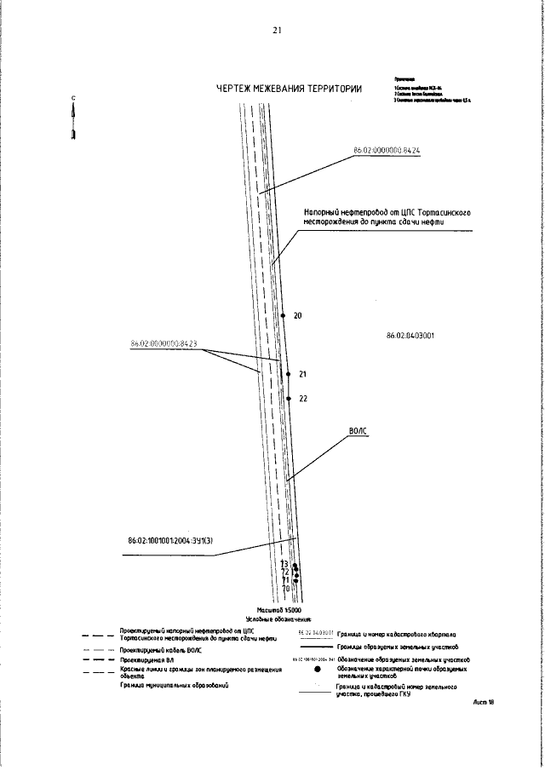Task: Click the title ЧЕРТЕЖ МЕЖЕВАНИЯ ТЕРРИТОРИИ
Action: (290, 89)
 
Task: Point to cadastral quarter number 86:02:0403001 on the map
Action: (410, 336)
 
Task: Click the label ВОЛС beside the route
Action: (359, 432)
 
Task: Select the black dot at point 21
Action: (289, 374)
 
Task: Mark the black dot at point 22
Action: (290, 398)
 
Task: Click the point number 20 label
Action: (297, 315)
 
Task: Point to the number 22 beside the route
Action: (303, 398)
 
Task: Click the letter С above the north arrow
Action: (74, 98)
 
